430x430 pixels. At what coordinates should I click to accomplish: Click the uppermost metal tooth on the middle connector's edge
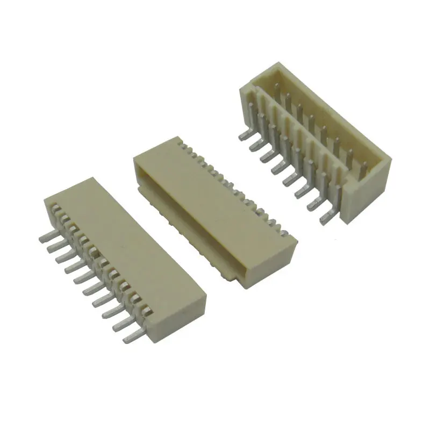click(181, 144)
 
